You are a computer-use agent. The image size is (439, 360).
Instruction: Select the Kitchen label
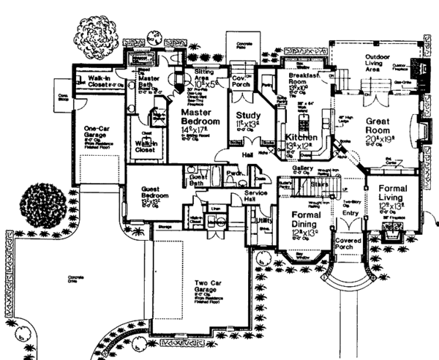[x=300, y=137]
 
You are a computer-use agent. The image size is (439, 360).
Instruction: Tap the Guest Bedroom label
[x=155, y=192]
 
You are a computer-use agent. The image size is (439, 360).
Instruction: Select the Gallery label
[x=302, y=169]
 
